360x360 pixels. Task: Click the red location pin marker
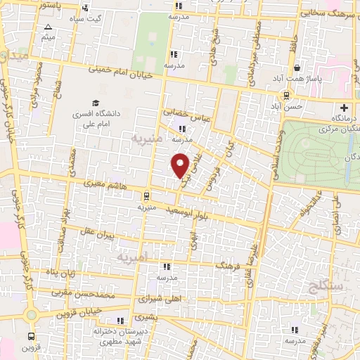pos(181,165)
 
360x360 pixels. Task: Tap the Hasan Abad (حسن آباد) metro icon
pos(287,96)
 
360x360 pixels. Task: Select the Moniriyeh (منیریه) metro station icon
pos(146,196)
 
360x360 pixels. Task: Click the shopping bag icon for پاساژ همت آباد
pos(298,67)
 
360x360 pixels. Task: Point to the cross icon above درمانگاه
pos(344,108)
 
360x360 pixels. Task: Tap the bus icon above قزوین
pos(31,336)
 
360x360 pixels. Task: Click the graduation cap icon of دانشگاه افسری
pos(94,103)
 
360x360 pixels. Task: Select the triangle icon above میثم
pos(48,27)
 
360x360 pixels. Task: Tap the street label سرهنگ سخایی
pos(323,12)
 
